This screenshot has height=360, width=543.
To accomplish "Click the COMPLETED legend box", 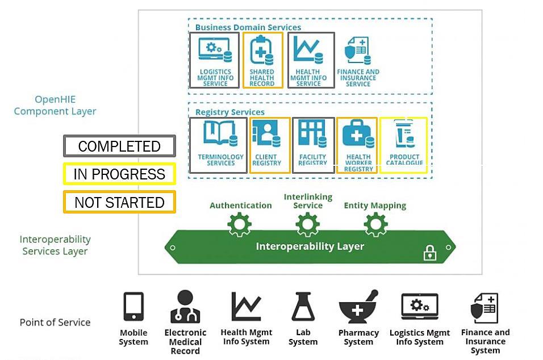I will coord(119,146).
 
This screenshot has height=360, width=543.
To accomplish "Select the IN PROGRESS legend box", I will coord(119,174).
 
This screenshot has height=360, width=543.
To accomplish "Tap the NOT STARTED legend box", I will coord(119,202).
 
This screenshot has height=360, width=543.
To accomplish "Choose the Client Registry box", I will coord(270,145).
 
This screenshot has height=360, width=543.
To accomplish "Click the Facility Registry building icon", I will coord(313,134).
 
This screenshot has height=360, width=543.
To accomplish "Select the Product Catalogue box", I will coord(404,145).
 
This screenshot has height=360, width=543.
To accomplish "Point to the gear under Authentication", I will coord(240,225).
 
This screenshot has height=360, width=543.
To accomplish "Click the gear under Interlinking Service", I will coord(308,225).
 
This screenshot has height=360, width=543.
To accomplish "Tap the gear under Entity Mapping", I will coord(375,225).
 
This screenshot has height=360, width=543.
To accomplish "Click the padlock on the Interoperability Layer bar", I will coord(430,253).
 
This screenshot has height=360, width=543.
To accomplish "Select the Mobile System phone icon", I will coord(133,307).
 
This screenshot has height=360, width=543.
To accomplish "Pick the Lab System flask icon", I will coord(303,307).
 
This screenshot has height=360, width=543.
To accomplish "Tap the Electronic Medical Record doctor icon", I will coord(185,307).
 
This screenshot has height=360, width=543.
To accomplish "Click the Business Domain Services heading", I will coord(248,27).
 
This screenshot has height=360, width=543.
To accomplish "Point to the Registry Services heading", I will coord(230,112).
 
